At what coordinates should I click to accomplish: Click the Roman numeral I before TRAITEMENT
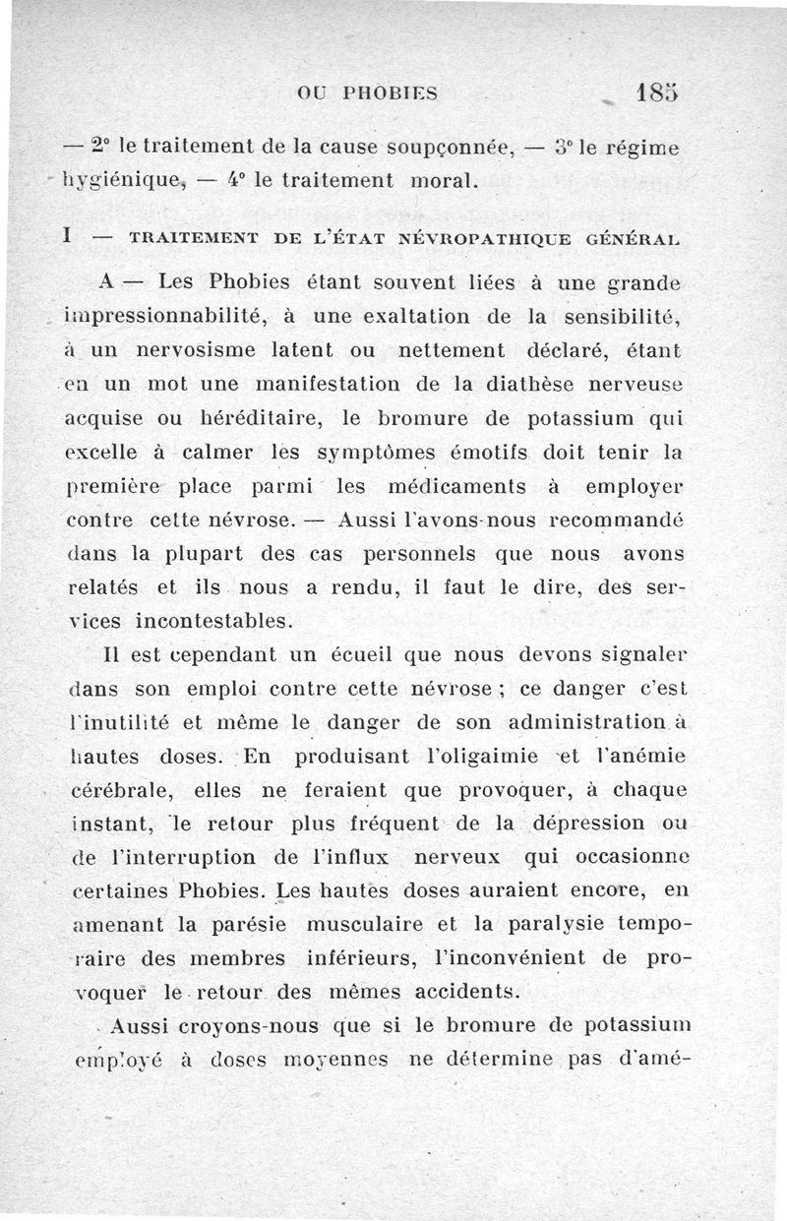coord(65,237)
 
